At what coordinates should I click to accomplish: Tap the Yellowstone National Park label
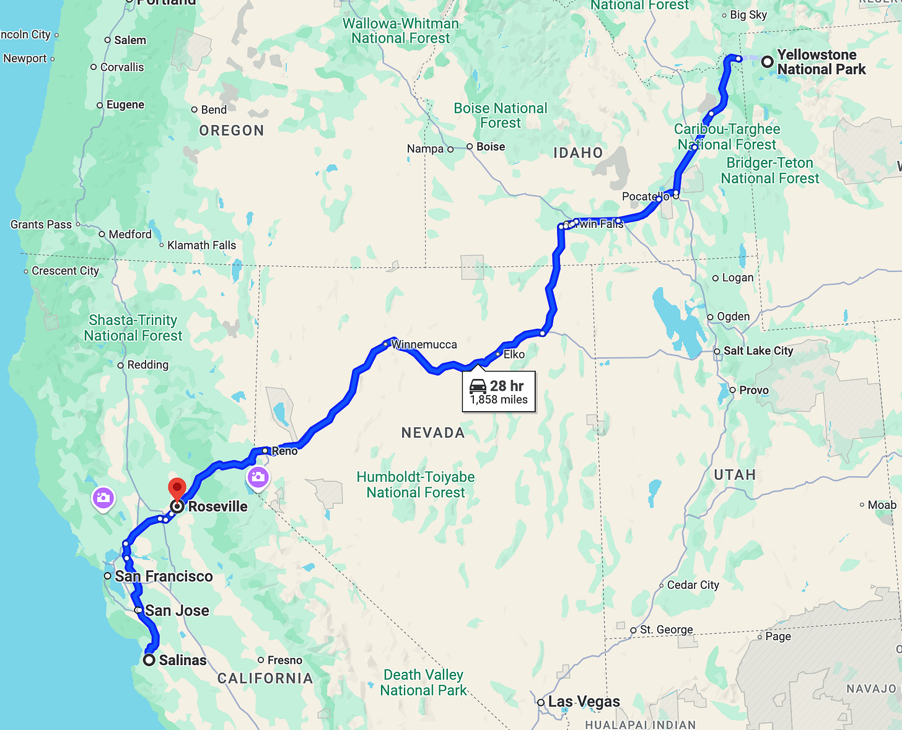[x=821, y=62]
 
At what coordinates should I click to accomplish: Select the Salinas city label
[x=183, y=660]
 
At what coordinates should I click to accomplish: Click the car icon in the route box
[x=478, y=386]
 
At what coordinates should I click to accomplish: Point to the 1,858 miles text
[x=499, y=400]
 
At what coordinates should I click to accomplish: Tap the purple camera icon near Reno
[x=258, y=477]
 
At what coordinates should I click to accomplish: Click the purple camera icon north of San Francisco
[x=103, y=498]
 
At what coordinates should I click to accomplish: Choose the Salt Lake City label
[x=758, y=350]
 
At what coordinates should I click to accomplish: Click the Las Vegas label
[x=584, y=702]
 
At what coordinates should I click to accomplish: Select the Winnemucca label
[x=424, y=344]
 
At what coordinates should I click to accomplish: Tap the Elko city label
[x=514, y=354]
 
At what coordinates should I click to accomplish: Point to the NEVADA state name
[x=433, y=433]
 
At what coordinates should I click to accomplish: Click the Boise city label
[x=491, y=147]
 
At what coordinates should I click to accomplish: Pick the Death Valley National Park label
[x=423, y=682]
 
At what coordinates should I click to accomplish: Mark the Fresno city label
[x=285, y=660]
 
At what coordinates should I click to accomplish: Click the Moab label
[x=882, y=505]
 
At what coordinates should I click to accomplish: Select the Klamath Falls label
[x=201, y=245]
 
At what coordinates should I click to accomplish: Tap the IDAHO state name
[x=578, y=153]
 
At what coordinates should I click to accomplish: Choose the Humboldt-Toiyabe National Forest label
[x=416, y=485]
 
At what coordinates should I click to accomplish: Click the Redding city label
[x=147, y=365]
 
